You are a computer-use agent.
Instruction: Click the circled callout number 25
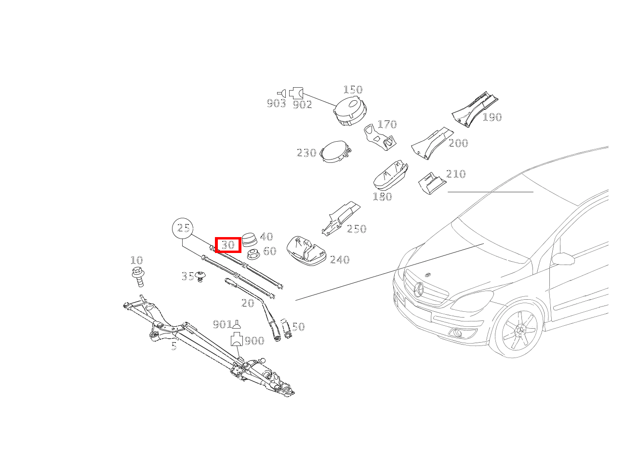(183, 228)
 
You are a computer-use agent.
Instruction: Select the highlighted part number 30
(228, 245)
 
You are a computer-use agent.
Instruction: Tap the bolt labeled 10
(138, 277)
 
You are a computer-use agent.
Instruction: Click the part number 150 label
(353, 90)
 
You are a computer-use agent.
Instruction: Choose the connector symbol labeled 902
(296, 93)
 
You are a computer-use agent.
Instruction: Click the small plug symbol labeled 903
(281, 93)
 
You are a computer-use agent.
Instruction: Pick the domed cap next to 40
(250, 239)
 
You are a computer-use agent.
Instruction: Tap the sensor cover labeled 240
(306, 250)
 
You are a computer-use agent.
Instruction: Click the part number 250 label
(357, 229)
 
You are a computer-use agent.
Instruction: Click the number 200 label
(458, 143)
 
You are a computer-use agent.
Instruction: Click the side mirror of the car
(563, 258)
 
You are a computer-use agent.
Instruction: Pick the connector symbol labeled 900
(237, 339)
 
